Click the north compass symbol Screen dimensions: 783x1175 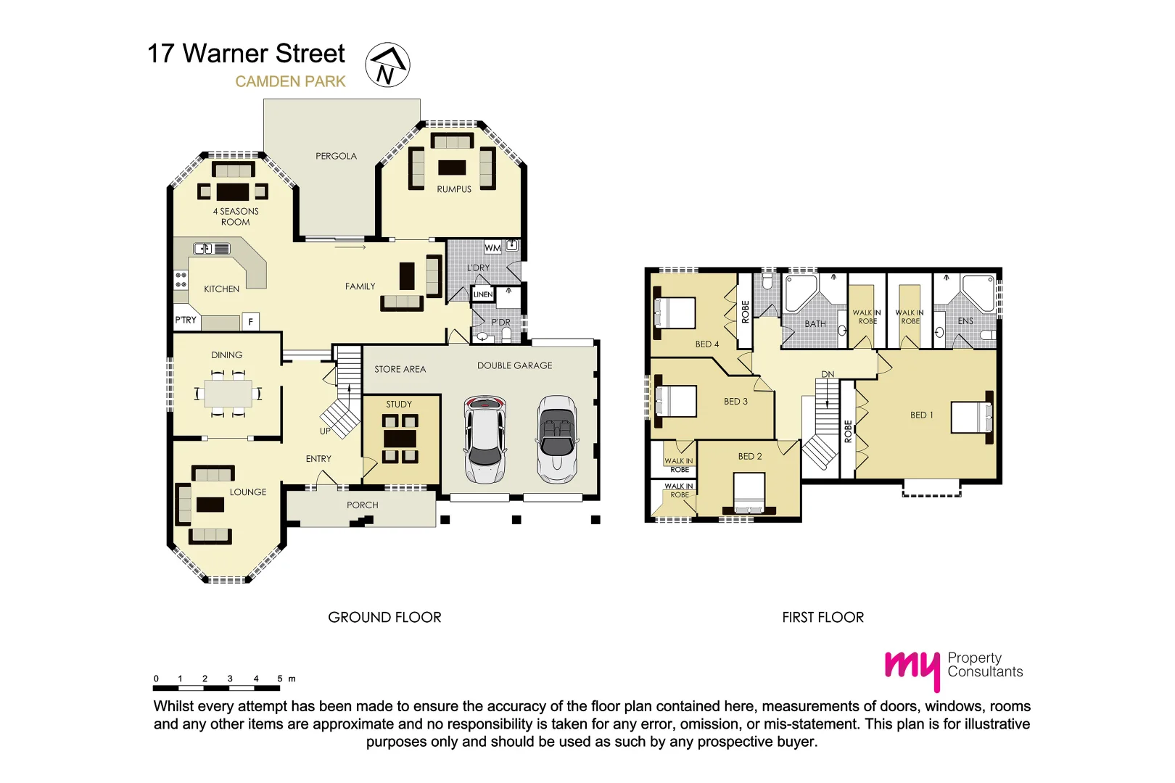(387, 65)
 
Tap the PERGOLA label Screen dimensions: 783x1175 (336, 156)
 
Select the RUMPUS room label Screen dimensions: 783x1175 (454, 189)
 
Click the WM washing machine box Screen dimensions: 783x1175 (492, 248)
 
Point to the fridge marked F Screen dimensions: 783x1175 (251, 322)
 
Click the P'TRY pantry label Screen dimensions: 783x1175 (186, 320)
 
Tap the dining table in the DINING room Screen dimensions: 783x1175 (228, 394)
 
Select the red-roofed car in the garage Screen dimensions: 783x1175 (485, 439)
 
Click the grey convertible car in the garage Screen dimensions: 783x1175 (557, 439)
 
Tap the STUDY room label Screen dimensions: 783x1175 (399, 405)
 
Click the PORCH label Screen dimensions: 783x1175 (362, 505)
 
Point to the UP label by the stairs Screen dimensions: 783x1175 (325, 431)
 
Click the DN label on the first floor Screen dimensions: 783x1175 (828, 375)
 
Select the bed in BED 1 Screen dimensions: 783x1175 (972, 418)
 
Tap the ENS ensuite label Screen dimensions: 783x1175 (965, 321)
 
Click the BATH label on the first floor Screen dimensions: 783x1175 (815, 324)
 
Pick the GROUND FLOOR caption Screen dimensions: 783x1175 (384, 618)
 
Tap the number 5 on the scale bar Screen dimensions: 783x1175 (279, 679)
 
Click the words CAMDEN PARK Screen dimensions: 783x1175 (290, 82)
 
